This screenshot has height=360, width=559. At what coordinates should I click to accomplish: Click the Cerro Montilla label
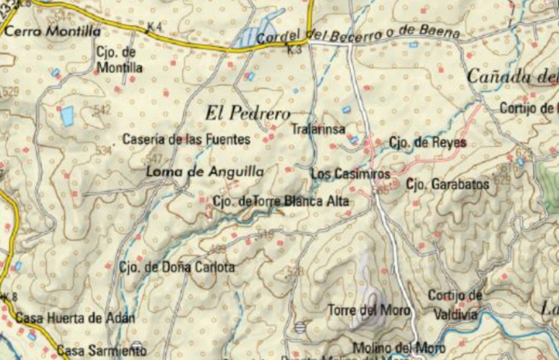point(53,32)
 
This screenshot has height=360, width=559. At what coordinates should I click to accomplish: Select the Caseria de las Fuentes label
point(186,140)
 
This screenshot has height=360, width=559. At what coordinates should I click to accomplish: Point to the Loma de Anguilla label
point(205,172)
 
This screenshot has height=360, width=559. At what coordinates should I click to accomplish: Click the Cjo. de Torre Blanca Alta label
point(281,202)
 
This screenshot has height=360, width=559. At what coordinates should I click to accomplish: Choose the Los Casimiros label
point(350,174)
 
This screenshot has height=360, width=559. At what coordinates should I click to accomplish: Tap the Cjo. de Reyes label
point(428,143)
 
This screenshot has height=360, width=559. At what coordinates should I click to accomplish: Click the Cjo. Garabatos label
point(447,185)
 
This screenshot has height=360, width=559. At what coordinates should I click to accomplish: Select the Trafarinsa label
point(318,129)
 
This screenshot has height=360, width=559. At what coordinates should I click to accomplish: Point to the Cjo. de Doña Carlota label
point(177,268)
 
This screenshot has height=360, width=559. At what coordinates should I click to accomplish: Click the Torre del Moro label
point(368,311)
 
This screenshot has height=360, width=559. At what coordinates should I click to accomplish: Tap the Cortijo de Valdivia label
point(455,305)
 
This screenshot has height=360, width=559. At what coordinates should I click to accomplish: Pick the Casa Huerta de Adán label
point(75,318)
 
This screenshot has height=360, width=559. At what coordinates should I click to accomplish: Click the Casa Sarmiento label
point(101,350)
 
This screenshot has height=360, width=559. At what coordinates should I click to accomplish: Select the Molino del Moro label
point(399,347)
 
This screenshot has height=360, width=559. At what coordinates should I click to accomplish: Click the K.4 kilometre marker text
point(154,27)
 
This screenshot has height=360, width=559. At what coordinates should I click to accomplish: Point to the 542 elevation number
point(102,111)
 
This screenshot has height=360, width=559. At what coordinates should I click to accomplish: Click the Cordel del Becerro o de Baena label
point(358,35)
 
